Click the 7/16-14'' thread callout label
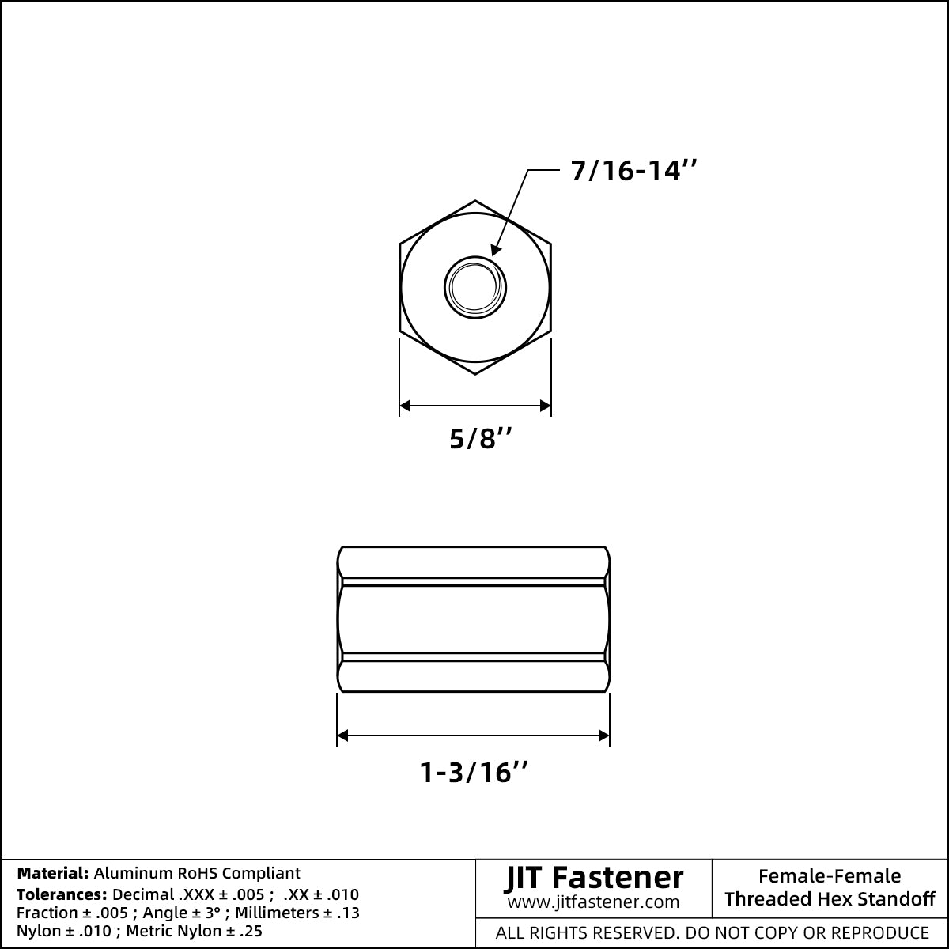tap(633, 171)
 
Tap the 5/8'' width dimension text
tap(481, 438)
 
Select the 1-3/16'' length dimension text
tap(474, 772)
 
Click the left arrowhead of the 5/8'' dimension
tap(405, 406)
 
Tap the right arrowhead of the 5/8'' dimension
tap(545, 406)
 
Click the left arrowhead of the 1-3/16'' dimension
tap(342, 735)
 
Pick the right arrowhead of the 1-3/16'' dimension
tap(603, 735)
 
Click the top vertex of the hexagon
tap(475, 200)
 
